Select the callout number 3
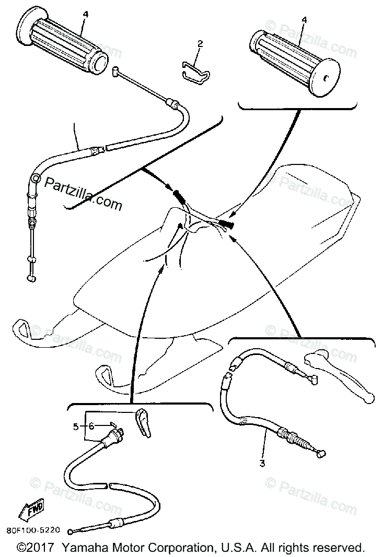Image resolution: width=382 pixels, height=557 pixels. tap(263, 463)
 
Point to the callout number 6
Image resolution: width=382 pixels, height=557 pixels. tap(92, 426)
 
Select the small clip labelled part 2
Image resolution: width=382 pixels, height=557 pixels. tap(194, 69)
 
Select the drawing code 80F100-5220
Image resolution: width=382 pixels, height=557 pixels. tap(31, 530)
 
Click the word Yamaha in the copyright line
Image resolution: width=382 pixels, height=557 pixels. tap(85, 548)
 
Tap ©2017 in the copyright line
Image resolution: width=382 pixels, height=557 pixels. tap(37, 548)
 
